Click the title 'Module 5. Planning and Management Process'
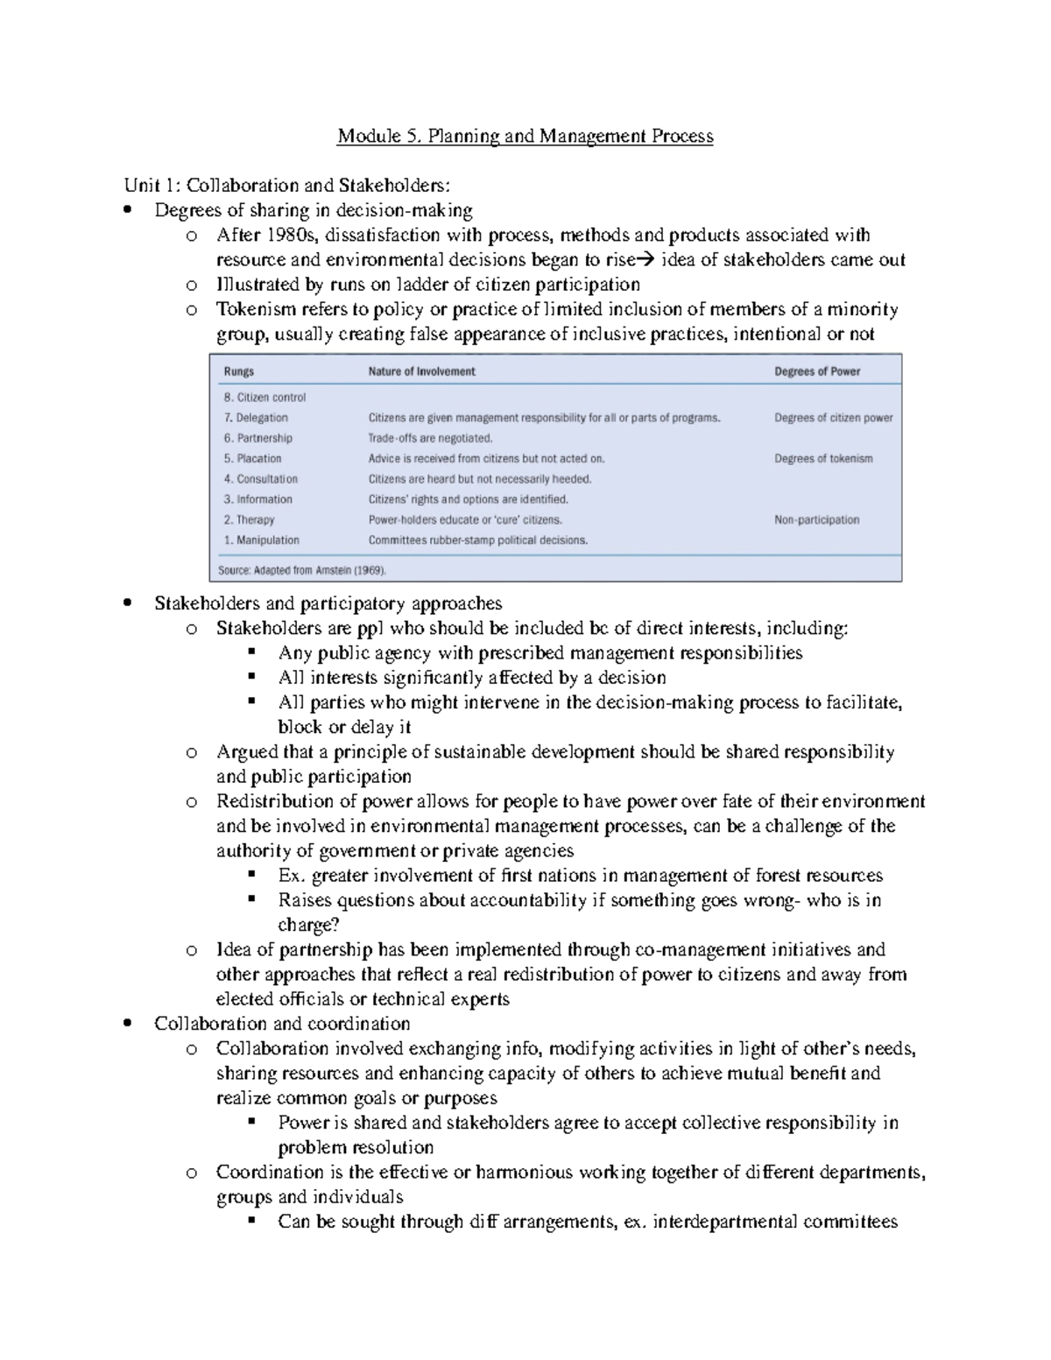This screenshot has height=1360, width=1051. pyautogui.click(x=525, y=137)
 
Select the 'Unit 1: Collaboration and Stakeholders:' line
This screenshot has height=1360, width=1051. pyautogui.click(x=288, y=186)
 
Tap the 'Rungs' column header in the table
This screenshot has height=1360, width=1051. pyautogui.click(x=239, y=371)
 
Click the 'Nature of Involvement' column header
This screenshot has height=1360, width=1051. pyautogui.click(x=421, y=371)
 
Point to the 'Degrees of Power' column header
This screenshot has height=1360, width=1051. pyautogui.click(x=817, y=371)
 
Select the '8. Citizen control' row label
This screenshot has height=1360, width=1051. pyautogui.click(x=265, y=398)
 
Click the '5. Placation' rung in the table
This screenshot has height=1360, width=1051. pyautogui.click(x=252, y=459)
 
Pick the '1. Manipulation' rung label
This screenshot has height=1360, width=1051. pyautogui.click(x=261, y=540)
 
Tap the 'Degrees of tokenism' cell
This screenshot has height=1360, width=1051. pyautogui.click(x=823, y=459)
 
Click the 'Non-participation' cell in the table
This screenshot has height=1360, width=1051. pyautogui.click(x=816, y=520)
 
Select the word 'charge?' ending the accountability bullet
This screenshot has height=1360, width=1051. pyautogui.click(x=308, y=926)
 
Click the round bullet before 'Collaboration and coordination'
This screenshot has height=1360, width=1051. pyautogui.click(x=129, y=1024)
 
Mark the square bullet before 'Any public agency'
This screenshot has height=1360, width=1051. pyautogui.click(x=252, y=652)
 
